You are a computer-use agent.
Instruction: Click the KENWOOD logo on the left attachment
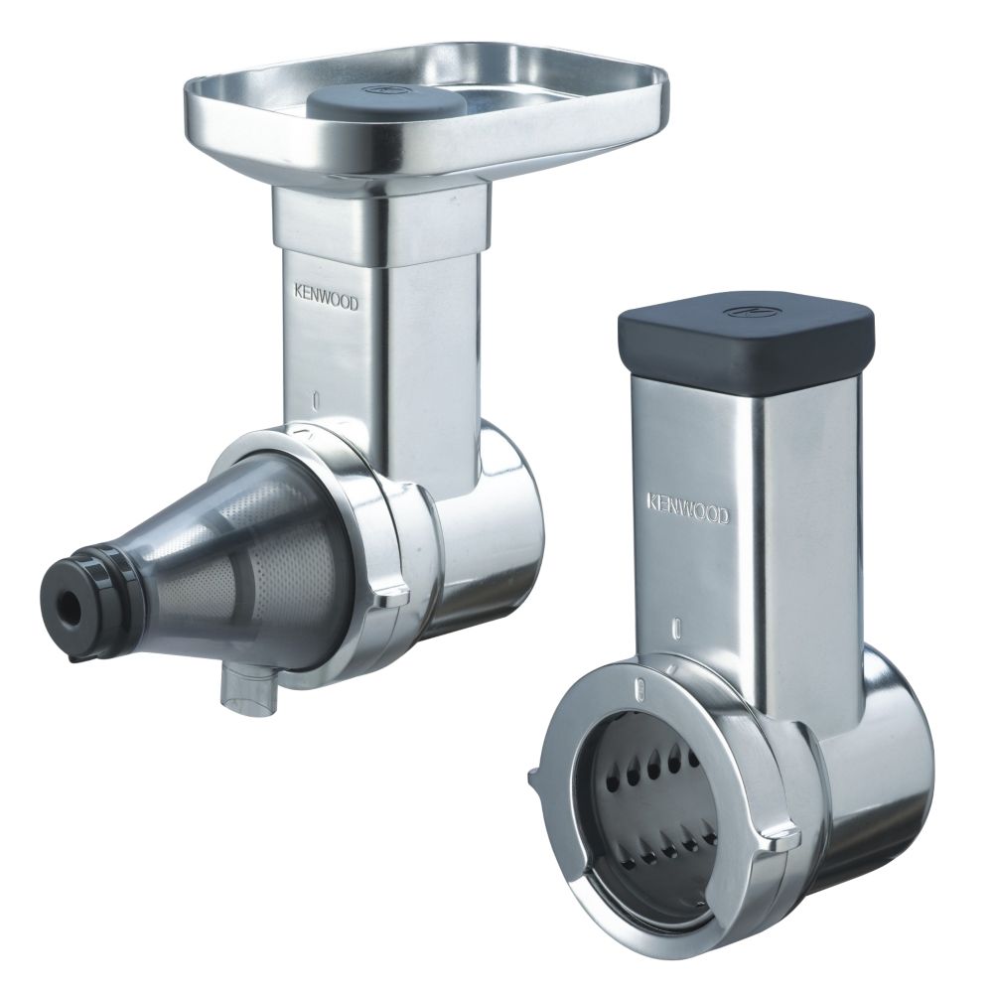pyautogui.click(x=326, y=297)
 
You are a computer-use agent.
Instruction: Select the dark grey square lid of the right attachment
pyautogui.click(x=746, y=334)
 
